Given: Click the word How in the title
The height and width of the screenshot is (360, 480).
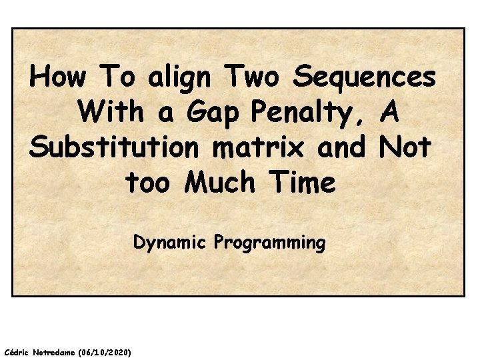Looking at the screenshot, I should click(58, 78).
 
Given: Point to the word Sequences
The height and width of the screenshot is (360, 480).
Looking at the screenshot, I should click(365, 78).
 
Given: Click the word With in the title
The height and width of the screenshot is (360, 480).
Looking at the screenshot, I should click(111, 113).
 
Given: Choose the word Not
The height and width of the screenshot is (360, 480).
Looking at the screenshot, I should click(405, 147).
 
